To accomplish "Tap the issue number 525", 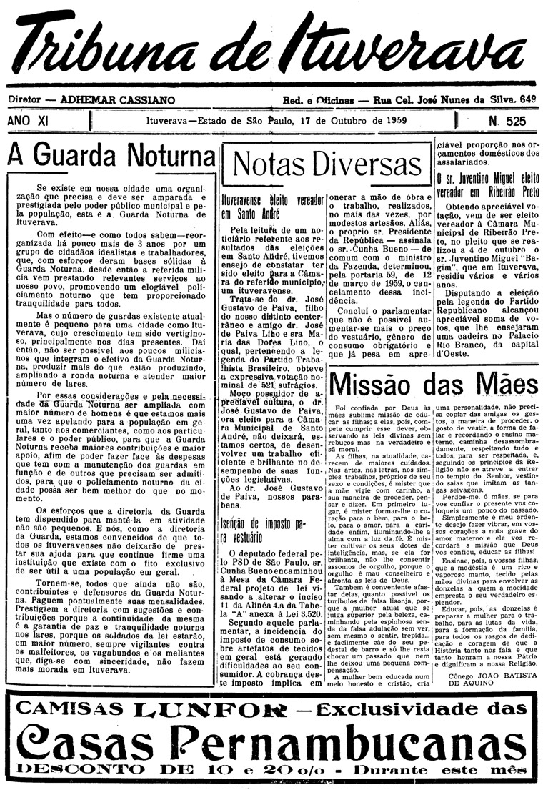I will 515,121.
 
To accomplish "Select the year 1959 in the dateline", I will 392,120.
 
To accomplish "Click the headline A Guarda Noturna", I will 111,155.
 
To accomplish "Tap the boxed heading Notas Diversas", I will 327,164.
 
